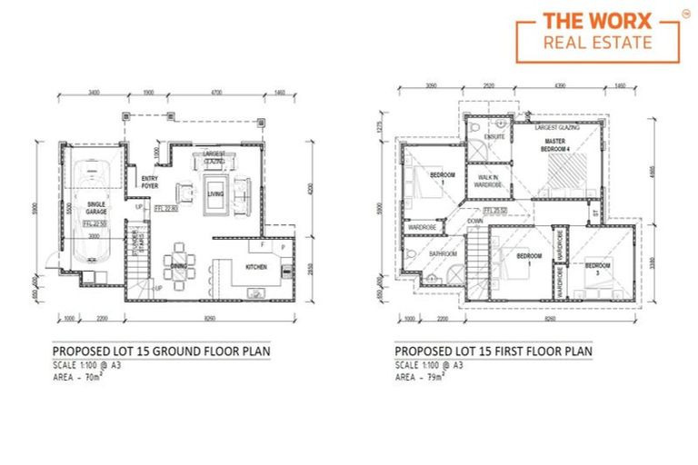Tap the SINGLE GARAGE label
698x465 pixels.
(95, 208)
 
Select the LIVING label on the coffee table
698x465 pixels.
(215, 193)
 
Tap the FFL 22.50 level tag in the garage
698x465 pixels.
(95, 223)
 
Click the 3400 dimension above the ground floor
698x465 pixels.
(94, 93)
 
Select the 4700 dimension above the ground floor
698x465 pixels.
(215, 93)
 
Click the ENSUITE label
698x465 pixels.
(495, 137)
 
